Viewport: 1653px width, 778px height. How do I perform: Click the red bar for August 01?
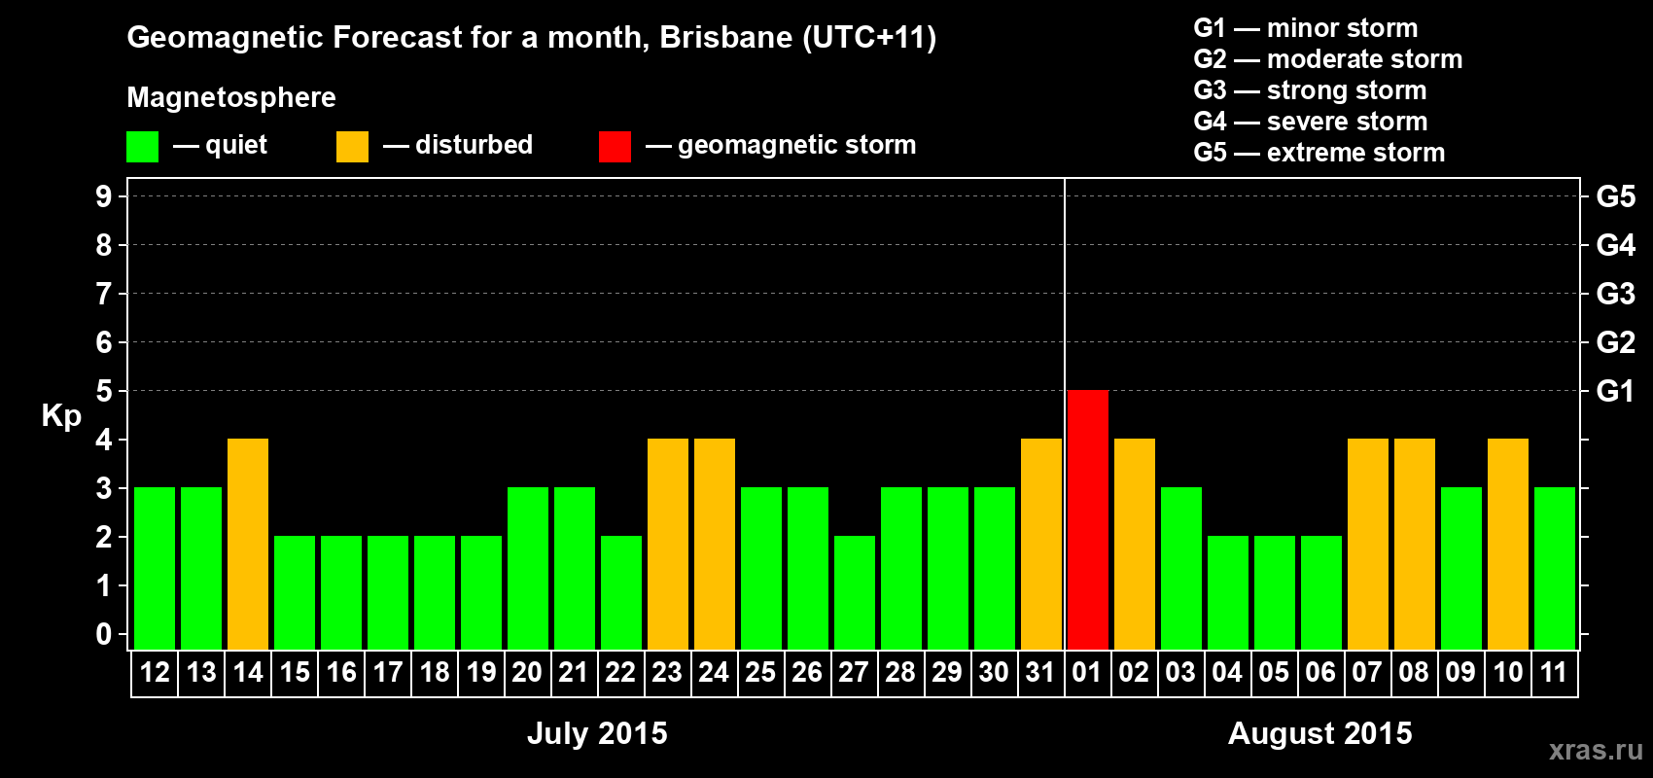pyautogui.click(x=1087, y=519)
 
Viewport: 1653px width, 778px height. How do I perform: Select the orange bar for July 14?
pyautogui.click(x=248, y=544)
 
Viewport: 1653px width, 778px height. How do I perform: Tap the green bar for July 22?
pyautogui.click(x=621, y=592)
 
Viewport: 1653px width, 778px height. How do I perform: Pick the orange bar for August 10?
pyautogui.click(x=1508, y=544)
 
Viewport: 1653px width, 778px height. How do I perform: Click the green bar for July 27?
pyautogui.click(x=855, y=592)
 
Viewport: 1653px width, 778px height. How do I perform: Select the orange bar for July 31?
pyautogui.click(x=1041, y=544)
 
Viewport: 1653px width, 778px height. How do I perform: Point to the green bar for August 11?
pyautogui.click(x=1555, y=568)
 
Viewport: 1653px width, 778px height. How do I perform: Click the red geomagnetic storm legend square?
pyautogui.click(x=615, y=147)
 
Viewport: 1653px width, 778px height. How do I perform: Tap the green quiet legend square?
pyautogui.click(x=142, y=147)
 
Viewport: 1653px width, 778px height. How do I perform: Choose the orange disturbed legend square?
pyautogui.click(x=352, y=147)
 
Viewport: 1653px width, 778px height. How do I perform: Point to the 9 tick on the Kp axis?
pyautogui.click(x=104, y=196)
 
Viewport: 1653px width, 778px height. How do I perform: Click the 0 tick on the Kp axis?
pyautogui.click(x=104, y=635)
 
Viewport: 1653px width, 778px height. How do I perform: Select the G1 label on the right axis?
pyautogui.click(x=1615, y=391)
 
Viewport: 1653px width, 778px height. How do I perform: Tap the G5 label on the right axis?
pyautogui.click(x=1615, y=196)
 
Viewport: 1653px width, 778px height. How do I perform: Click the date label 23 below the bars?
pyautogui.click(x=667, y=672)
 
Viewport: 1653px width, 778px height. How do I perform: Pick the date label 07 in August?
pyautogui.click(x=1367, y=672)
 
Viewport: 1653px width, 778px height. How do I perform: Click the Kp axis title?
pyautogui.click(x=61, y=415)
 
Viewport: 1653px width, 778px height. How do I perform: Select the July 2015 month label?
pyautogui.click(x=597, y=733)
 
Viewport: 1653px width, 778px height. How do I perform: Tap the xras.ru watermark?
pyautogui.click(x=1596, y=749)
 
